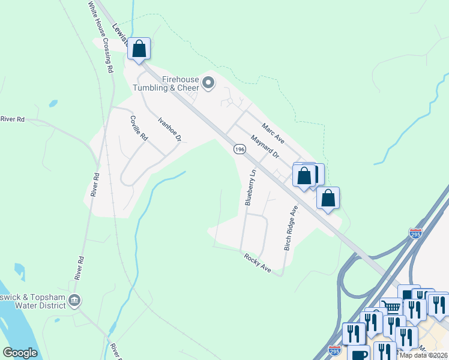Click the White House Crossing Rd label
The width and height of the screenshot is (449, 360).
(100, 37)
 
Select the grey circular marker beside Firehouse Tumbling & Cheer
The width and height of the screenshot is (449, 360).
(208, 83)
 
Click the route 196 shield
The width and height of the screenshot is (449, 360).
(240, 149)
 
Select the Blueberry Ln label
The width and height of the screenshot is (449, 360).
(250, 188)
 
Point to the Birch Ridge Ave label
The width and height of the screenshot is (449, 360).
(291, 229)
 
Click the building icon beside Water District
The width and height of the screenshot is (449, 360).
(74, 300)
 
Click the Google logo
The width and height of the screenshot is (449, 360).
(20, 352)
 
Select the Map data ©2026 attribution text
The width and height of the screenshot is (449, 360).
(423, 355)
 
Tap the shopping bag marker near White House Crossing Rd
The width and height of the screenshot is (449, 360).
(139, 49)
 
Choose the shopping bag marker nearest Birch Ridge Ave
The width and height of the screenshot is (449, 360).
(328, 198)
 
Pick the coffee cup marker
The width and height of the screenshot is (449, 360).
(360, 354)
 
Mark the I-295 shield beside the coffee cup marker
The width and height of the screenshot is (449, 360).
(335, 349)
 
